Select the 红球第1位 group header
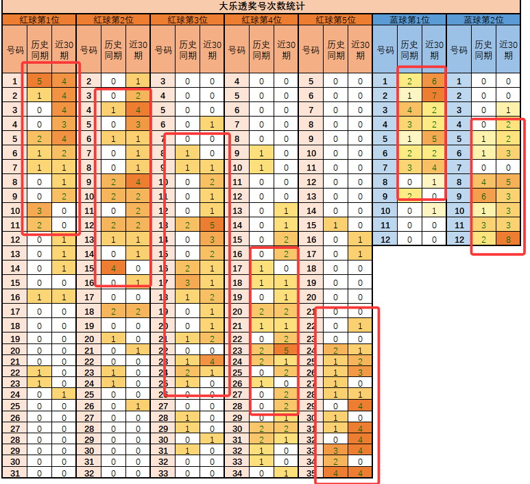coord(38,20)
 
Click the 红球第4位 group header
coord(261,20)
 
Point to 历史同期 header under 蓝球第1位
coord(409,50)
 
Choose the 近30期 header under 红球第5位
coord(360,50)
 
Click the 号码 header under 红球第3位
coord(162,50)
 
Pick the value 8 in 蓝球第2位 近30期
coord(507,239)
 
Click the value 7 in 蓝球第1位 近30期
coord(434,96)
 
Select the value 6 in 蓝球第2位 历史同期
coord(483,196)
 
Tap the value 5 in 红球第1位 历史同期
coord(39,82)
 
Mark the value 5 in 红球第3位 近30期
coord(212,225)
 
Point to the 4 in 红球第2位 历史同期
coord(113,268)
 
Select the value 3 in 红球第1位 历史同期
coord(39,210)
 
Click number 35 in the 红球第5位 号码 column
coord(311,472)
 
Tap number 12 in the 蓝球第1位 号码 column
coord(385,239)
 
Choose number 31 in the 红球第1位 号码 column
coord(14,472)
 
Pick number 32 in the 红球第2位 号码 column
coord(88,472)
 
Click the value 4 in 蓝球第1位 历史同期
coord(409,110)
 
